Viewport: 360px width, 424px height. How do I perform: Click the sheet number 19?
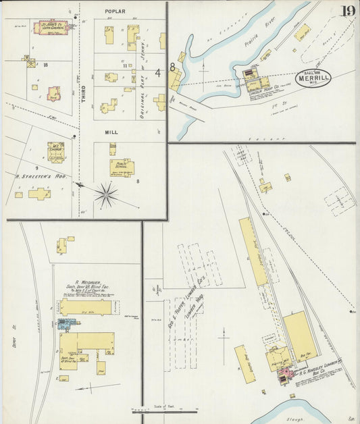(x=348, y=11)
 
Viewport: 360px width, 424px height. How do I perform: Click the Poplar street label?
(x=115, y=11)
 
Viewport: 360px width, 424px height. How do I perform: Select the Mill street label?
(x=112, y=132)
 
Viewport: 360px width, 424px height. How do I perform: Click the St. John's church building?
(x=52, y=28)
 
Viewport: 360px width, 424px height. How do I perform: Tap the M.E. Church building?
(x=56, y=152)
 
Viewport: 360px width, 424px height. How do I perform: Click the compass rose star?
(x=105, y=196)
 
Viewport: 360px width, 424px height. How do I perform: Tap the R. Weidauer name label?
(x=87, y=284)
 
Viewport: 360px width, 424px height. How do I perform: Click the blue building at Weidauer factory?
(x=65, y=325)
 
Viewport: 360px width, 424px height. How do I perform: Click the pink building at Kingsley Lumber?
(x=284, y=373)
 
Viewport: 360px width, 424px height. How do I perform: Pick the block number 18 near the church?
(x=45, y=65)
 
